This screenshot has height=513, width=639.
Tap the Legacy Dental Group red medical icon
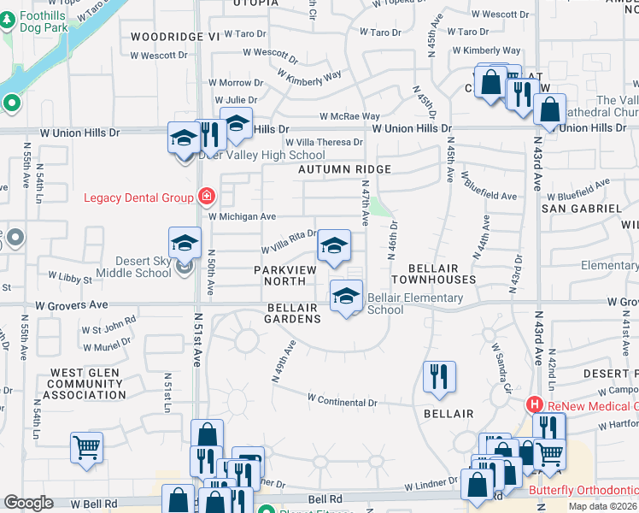205,197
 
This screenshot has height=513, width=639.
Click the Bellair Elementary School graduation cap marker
346,297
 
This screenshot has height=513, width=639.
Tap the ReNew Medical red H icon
535,404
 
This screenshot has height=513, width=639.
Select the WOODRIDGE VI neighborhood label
176,37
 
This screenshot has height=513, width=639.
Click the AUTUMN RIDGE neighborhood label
344,169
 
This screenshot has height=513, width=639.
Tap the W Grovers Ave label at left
72,304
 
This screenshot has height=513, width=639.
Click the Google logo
29,503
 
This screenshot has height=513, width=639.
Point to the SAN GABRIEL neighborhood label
583,208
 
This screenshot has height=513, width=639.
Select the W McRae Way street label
349,116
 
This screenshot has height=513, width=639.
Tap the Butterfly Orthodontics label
583,490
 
